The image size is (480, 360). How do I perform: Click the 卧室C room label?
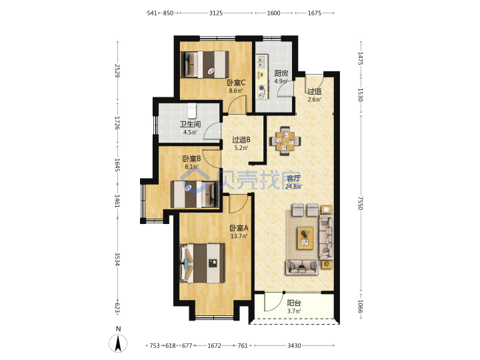pyautogui.click(x=236, y=83)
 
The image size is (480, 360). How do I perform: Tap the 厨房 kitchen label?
pyautogui.click(x=281, y=73)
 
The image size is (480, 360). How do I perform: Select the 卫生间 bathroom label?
pyautogui.click(x=190, y=124)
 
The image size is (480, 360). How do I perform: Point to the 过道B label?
pyautogui.click(x=241, y=140)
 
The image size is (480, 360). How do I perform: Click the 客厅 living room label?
pyautogui.click(x=293, y=179)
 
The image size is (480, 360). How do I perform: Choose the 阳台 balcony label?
pyautogui.click(x=294, y=303)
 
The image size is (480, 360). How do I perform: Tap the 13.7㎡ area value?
pyautogui.click(x=239, y=236)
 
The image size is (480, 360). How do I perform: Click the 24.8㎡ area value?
pyautogui.click(x=293, y=187)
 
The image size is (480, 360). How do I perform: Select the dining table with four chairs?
pyautogui.click(x=285, y=141)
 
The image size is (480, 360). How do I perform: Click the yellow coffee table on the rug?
pyautogui.click(x=305, y=238)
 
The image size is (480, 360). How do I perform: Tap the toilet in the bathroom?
pyautogui.click(x=191, y=111)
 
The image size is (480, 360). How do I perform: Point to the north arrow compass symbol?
pyautogui.click(x=118, y=343)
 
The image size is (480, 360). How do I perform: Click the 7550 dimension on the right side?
pyautogui.click(x=361, y=203)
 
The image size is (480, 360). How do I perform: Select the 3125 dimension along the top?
pyautogui.click(x=216, y=13)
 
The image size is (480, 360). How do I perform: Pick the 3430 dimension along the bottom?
pyautogui.click(x=294, y=345)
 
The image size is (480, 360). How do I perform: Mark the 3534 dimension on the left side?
pyautogui.click(x=117, y=259)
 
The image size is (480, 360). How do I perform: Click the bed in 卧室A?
pyautogui.click(x=203, y=263)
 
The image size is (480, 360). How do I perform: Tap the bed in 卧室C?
pyautogui.click(x=205, y=64)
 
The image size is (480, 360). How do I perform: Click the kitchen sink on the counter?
pyautogui.click(x=261, y=61)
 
